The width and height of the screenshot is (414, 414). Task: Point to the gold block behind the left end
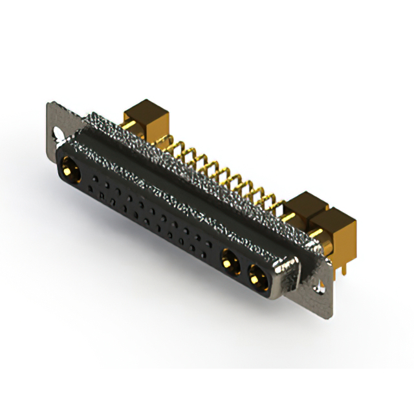pos(144,115)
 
